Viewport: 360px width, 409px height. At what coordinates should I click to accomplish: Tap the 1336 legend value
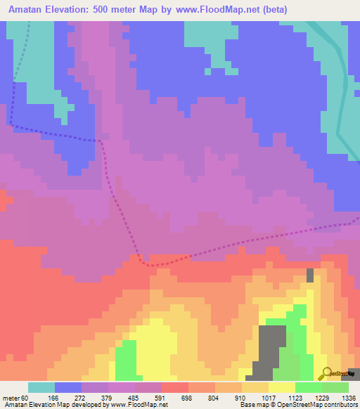pyautogui.click(x=349, y=398)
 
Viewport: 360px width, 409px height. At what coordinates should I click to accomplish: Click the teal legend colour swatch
pyautogui.click(x=41, y=387)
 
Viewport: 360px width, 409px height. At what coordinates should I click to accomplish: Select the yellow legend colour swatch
pyautogui.click(x=282, y=387)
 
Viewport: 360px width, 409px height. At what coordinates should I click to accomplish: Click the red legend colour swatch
pyautogui.click(x=175, y=387)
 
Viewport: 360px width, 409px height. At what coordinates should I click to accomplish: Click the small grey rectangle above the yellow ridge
pyautogui.click(x=309, y=275)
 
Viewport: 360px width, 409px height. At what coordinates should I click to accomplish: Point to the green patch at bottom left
pyautogui.click(x=124, y=358)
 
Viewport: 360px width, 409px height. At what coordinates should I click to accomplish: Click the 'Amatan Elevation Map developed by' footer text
pyautogui.click(x=49, y=405)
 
